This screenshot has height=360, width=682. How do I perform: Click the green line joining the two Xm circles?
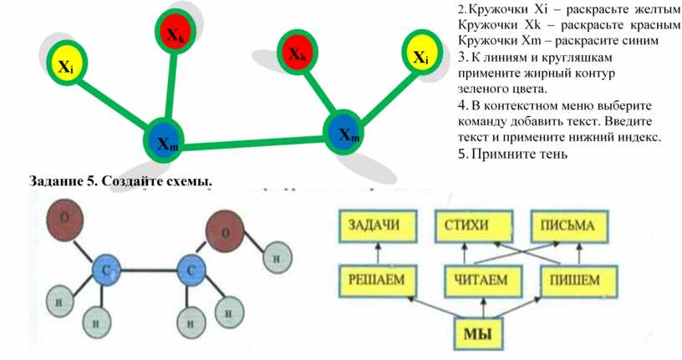[251, 144]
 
